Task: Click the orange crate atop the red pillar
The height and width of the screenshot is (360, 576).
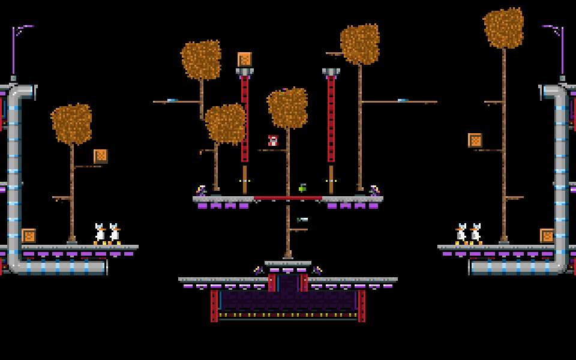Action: pos(244,59)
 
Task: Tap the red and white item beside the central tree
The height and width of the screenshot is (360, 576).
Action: pos(273,141)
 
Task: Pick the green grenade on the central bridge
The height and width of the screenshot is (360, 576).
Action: pos(302,188)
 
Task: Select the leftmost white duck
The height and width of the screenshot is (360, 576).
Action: pos(100,234)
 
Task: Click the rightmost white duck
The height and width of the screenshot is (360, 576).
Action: pos(476,234)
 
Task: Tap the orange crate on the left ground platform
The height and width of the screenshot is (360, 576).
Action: pos(29,236)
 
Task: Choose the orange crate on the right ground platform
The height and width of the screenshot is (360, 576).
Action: pos(547,236)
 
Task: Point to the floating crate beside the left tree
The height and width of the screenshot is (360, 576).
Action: pos(101,157)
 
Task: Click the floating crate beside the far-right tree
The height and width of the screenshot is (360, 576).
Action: pos(475,140)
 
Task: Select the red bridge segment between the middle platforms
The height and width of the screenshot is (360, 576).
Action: pos(288,198)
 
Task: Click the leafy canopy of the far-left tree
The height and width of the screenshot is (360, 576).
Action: pos(72,124)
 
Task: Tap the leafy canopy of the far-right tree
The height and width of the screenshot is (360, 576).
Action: pos(504,28)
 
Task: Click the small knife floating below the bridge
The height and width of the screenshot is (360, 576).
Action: pos(302,220)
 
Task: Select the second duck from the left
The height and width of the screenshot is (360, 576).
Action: pos(114,234)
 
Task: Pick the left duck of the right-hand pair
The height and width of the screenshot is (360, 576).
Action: pos(461,234)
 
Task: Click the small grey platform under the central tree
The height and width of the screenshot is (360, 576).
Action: pos(288,263)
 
